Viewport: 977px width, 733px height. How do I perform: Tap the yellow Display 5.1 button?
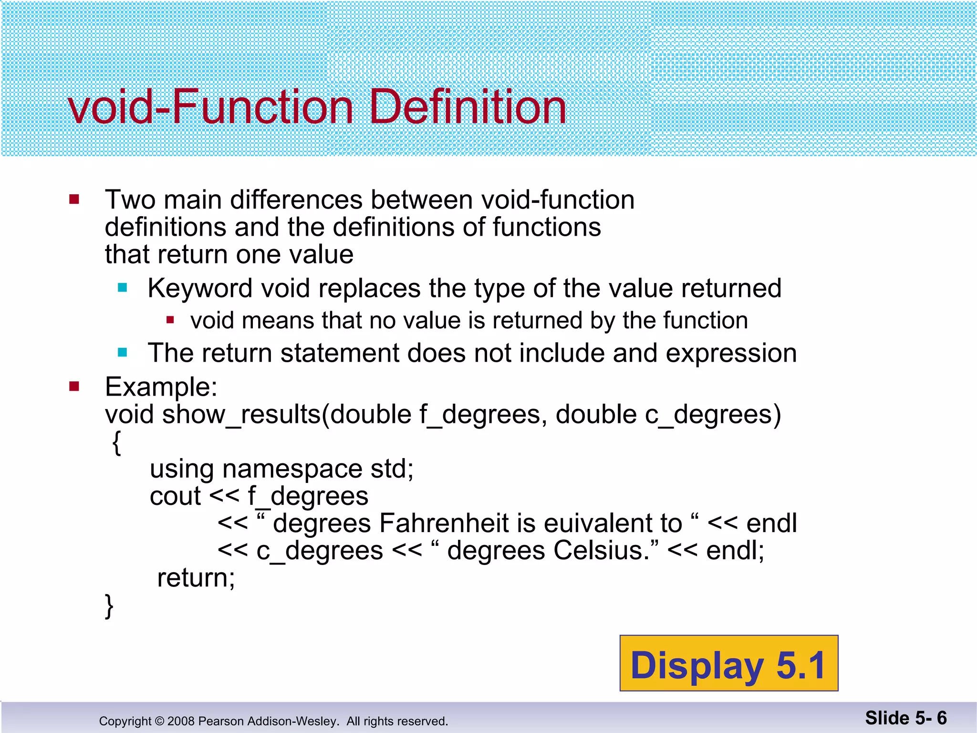728,664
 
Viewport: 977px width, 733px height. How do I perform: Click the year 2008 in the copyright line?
181,721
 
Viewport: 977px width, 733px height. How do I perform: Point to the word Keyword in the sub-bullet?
200,289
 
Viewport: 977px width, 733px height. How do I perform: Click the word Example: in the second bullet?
161,387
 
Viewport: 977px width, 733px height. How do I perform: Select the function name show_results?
241,414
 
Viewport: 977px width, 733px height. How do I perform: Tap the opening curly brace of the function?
117,443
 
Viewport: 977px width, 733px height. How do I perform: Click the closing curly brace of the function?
109,606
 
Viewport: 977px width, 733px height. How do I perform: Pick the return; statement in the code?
196,578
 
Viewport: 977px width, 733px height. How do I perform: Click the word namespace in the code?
292,469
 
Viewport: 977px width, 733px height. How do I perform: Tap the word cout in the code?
175,496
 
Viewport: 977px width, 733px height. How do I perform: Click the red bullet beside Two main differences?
74,199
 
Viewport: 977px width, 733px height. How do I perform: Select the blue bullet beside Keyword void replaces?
123,288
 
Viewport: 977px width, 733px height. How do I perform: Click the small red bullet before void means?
170,320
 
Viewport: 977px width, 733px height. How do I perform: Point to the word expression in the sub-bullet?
731,354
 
